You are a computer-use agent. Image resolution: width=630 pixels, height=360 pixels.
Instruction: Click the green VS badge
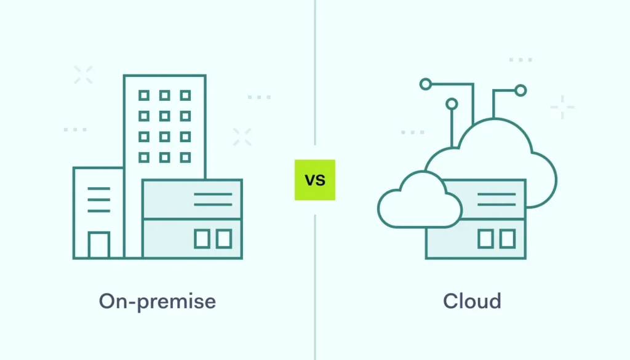pyautogui.click(x=315, y=180)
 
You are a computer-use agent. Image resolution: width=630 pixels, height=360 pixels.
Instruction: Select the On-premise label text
pyautogui.click(x=157, y=302)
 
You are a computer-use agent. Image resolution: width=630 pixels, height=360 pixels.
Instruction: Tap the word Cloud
pyautogui.click(x=472, y=302)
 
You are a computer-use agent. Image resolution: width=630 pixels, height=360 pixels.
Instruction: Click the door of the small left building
pyautogui.click(x=98, y=245)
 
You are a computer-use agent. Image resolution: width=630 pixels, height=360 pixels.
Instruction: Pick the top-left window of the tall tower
pyautogui.click(x=144, y=95)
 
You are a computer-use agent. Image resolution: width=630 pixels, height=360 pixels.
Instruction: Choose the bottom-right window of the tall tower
pyautogui.click(x=185, y=157)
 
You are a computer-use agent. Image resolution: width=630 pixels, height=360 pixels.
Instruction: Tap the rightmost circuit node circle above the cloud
pyautogui.click(x=520, y=90)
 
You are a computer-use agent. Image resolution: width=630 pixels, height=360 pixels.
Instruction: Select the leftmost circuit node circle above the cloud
pyautogui.click(x=425, y=84)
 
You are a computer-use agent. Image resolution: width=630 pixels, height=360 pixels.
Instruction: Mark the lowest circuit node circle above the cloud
pyautogui.click(x=452, y=104)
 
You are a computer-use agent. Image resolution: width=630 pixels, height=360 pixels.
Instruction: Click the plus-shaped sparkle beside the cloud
pyautogui.click(x=562, y=107)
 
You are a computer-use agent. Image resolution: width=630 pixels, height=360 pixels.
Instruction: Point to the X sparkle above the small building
pyautogui.click(x=83, y=74)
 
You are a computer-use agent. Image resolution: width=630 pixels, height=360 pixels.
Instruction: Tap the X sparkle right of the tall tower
pyautogui.click(x=242, y=137)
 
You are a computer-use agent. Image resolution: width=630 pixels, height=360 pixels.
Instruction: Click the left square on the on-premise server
pyautogui.click(x=202, y=239)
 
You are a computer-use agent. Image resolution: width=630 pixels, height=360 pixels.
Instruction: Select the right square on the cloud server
pyautogui.click(x=508, y=239)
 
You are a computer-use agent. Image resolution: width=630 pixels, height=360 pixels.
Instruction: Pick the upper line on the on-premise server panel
pyautogui.click(x=213, y=194)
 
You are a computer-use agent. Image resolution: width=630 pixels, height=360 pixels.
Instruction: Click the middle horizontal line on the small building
pyautogui.click(x=98, y=199)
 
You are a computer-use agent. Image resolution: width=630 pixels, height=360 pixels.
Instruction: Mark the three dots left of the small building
pyautogui.click(x=75, y=130)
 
